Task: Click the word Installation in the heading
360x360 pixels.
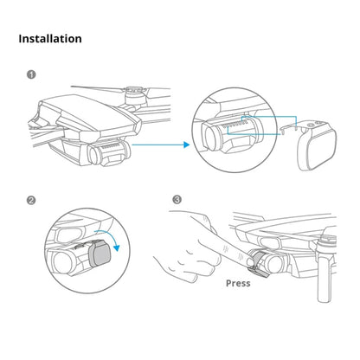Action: pos(50,39)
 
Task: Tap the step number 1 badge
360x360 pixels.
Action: pos(32,74)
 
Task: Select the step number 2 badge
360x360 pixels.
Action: pos(32,201)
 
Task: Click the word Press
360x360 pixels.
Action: pos(238,282)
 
